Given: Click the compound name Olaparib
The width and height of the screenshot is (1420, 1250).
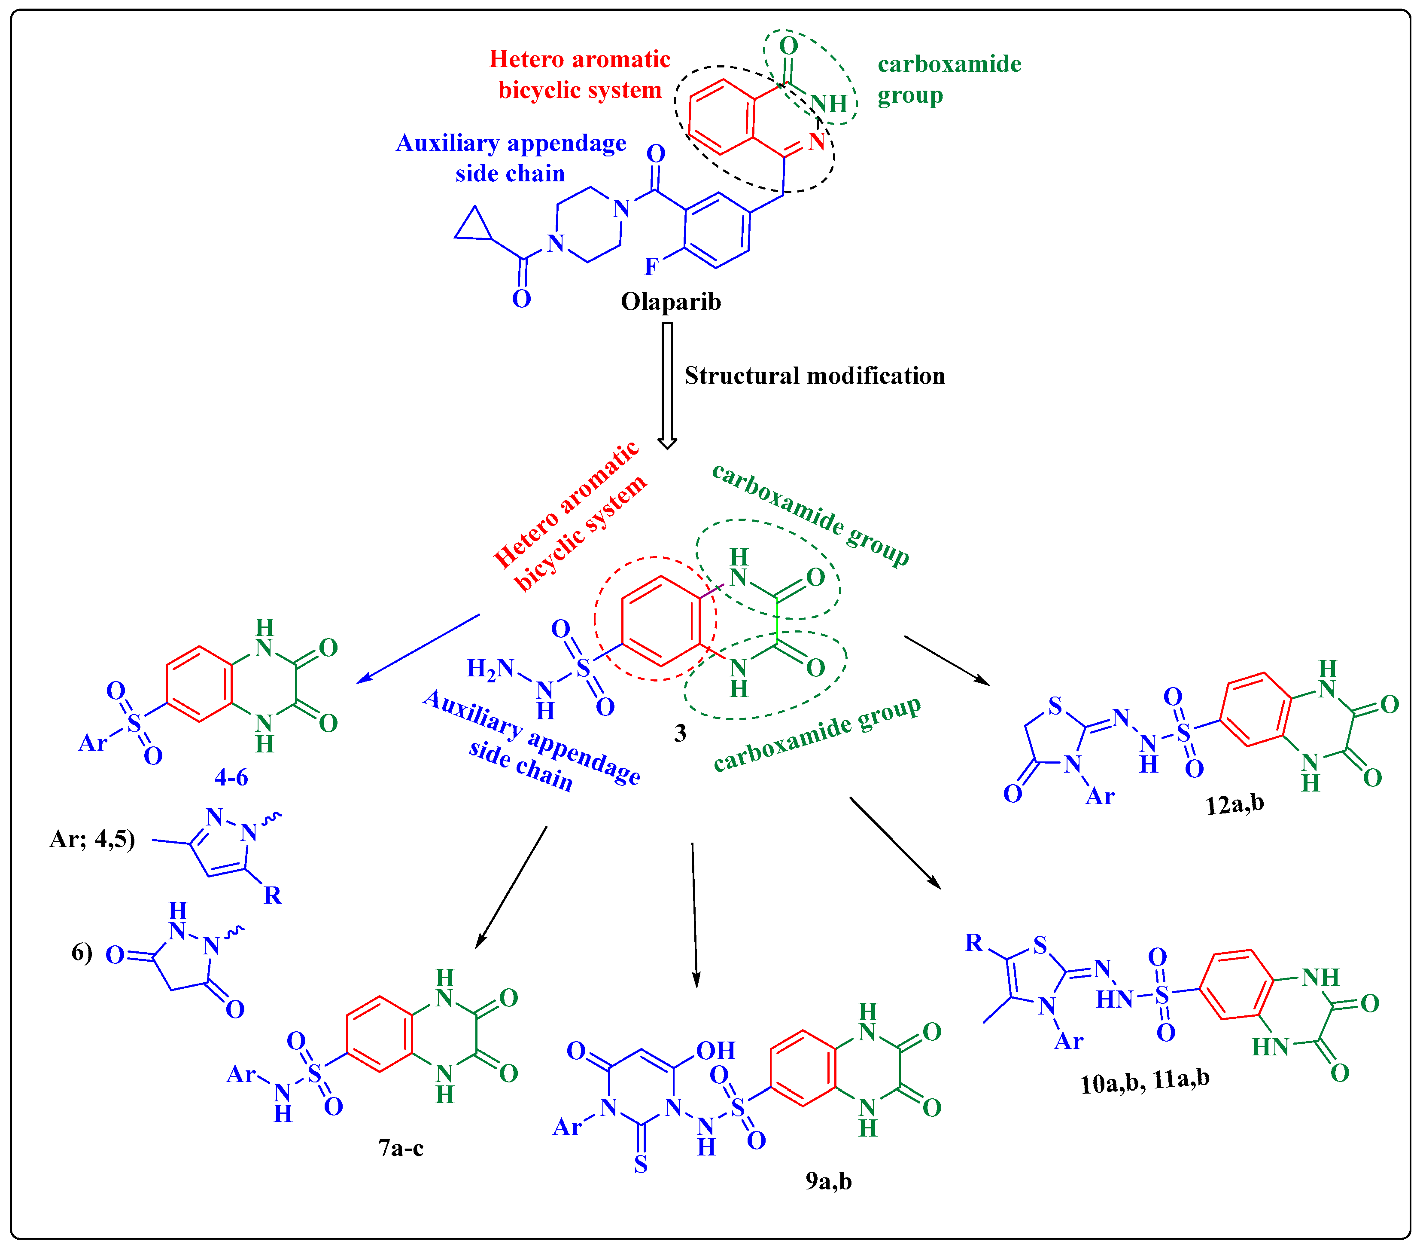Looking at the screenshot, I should [x=670, y=302].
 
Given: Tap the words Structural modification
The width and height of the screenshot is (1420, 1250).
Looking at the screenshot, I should [x=814, y=376].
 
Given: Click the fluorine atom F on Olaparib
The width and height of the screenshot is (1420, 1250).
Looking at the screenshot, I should [x=651, y=266].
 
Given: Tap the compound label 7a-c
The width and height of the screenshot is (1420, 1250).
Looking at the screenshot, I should [x=401, y=1148].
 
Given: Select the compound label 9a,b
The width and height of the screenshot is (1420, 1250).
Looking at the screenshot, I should [x=828, y=1180].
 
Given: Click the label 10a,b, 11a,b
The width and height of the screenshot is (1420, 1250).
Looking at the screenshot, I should [x=1145, y=1082].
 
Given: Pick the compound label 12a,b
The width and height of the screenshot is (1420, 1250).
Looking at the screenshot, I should [x=1235, y=804].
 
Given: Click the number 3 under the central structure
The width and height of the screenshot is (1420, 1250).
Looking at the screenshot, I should [x=680, y=733].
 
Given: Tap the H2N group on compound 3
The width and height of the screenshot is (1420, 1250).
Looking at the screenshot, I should [x=490, y=669].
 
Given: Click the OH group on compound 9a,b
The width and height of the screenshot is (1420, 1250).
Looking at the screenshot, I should [x=715, y=1051].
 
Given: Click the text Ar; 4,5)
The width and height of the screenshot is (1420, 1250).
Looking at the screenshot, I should [x=92, y=839].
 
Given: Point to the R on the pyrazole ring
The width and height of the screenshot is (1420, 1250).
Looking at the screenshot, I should [x=272, y=895].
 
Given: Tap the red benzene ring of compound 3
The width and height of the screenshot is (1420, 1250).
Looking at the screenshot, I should [x=660, y=621].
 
